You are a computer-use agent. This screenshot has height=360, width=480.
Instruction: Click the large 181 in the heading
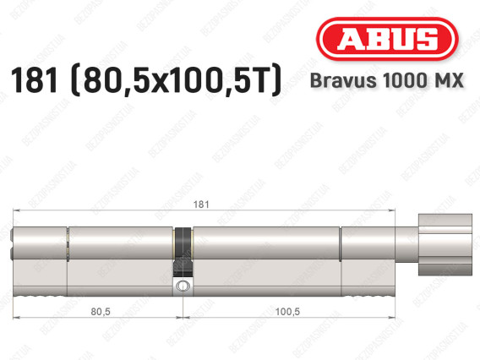pyautogui.click(x=36, y=81)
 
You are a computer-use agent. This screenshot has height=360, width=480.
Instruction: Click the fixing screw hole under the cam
pyautogui.click(x=183, y=288)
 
